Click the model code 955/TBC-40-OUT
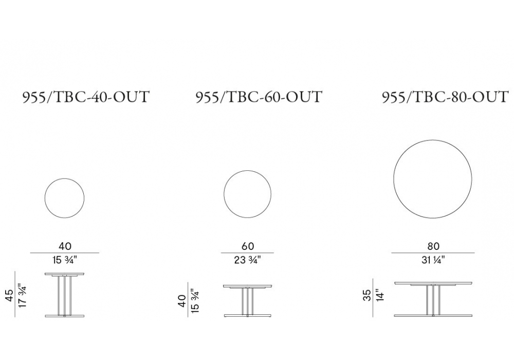(86, 97)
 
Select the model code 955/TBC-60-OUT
(259, 97)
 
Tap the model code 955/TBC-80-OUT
(445, 97)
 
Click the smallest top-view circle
(45, 198)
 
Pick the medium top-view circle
(224, 194)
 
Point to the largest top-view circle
(394, 178)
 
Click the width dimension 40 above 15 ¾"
(65, 246)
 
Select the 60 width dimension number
(248, 246)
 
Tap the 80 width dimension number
(433, 246)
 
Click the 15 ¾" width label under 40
(65, 260)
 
